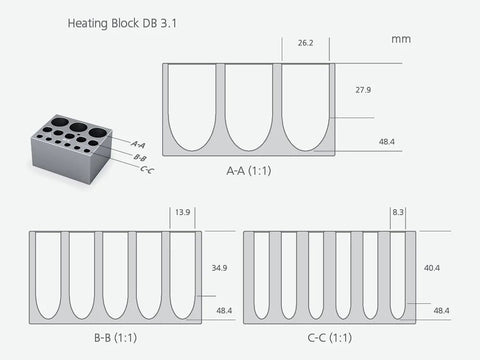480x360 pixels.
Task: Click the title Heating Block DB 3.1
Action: tap(122, 23)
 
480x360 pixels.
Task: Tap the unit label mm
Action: tap(401, 39)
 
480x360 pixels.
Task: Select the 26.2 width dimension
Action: tap(306, 43)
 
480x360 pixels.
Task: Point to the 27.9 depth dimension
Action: tap(363, 90)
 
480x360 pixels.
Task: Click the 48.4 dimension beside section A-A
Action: tap(387, 142)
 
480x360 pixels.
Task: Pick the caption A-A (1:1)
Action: tap(249, 171)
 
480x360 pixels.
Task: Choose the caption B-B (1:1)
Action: tap(115, 338)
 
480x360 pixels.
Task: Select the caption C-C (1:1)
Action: tap(330, 338)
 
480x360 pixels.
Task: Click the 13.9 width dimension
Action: tap(183, 212)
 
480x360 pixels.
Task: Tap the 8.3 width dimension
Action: tap(398, 212)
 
